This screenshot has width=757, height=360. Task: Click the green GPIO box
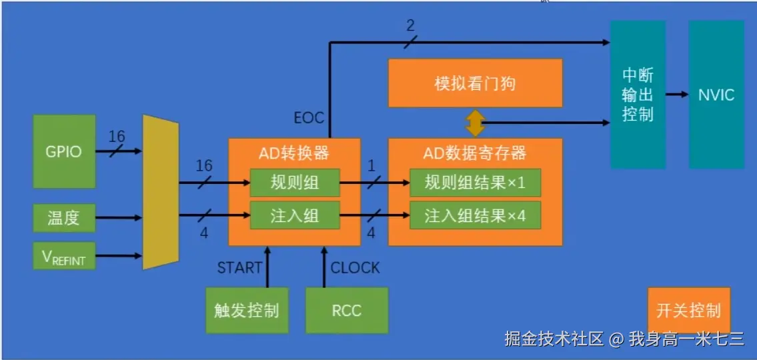(65, 151)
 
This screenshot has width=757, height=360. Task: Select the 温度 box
(64, 217)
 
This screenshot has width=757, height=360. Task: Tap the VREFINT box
(64, 256)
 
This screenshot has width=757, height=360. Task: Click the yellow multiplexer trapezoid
(161, 191)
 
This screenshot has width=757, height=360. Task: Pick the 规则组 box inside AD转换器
(295, 182)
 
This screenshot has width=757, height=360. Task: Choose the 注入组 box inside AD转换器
(295, 215)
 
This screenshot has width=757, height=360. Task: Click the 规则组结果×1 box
(475, 182)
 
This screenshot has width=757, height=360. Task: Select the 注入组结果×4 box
(475, 215)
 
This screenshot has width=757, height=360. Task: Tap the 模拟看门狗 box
(475, 83)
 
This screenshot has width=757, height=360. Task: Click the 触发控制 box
(247, 310)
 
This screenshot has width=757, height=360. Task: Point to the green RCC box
(346, 310)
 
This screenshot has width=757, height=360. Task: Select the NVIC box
(716, 94)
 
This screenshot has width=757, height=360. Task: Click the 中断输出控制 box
(638, 94)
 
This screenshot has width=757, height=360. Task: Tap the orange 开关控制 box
(688, 311)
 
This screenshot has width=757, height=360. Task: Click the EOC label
(309, 119)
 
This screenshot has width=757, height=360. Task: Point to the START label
(239, 268)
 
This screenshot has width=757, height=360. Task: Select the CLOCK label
(355, 268)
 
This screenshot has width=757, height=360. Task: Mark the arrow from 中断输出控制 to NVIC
(677, 94)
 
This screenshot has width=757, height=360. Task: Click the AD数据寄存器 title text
(475, 153)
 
